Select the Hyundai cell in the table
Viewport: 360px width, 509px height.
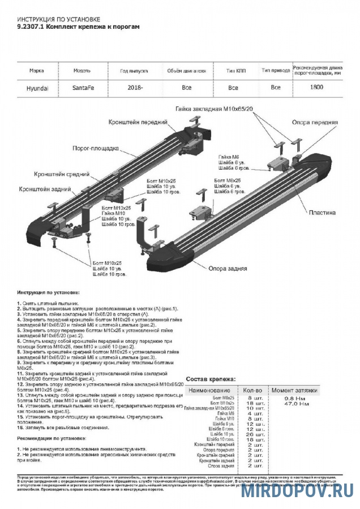click(37, 88)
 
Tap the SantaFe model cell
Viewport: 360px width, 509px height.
click(83, 88)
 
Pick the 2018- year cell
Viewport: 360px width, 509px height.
click(135, 88)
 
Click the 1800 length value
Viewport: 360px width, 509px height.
click(317, 88)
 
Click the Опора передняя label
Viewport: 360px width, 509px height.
click(315, 122)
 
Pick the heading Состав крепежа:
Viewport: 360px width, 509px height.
click(210, 379)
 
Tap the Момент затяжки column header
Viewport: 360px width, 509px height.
click(294, 391)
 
